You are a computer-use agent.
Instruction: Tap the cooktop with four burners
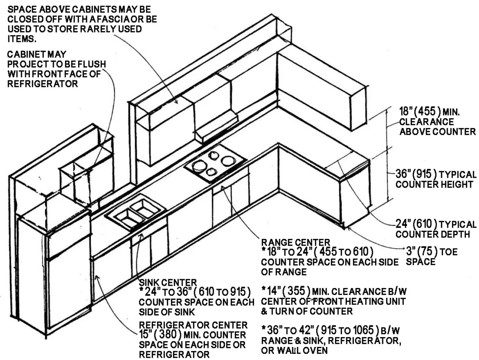pos(215,164)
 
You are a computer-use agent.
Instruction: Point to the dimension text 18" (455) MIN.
pos(429,112)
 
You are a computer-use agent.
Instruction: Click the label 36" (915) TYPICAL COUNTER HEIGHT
pos(435,179)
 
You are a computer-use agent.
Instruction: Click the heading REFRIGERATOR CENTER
pos(193,324)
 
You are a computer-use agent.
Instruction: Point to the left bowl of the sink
pos(125,216)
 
